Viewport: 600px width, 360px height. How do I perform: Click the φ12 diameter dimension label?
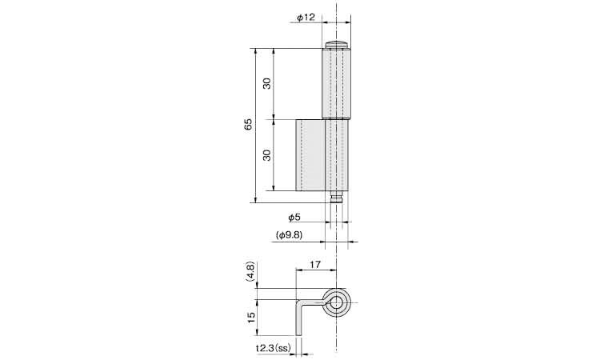coord(306,18)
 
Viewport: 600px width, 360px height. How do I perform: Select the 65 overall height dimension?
coord(248,124)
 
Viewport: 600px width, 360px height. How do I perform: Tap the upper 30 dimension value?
coord(267,83)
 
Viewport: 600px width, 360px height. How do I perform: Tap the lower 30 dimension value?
coord(267,155)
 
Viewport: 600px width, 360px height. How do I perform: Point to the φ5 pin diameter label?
coord(294,218)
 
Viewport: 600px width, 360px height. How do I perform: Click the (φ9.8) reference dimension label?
coord(289,235)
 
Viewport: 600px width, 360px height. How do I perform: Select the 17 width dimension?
coord(315,264)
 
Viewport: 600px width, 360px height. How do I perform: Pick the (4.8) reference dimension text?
coord(250,272)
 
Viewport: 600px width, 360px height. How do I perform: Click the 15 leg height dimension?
coord(251,317)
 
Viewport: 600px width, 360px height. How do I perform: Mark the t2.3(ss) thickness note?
coord(274,348)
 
